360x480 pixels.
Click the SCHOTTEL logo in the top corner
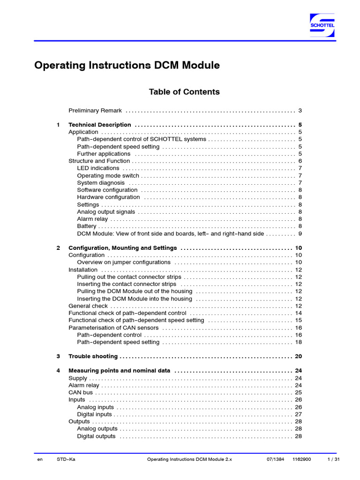[x=322, y=25]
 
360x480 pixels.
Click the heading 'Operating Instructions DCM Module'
[x=127, y=66]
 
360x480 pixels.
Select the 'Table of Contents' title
[x=184, y=92]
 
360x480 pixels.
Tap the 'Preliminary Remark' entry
[x=95, y=111]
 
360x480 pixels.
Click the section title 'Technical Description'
[x=100, y=125]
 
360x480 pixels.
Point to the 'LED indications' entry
[x=98, y=168]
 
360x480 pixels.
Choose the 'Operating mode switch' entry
[x=108, y=176]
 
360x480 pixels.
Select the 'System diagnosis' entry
[x=101, y=183]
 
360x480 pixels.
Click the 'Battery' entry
[x=87, y=226]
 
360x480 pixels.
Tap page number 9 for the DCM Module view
[x=300, y=233]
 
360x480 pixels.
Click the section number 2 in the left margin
[x=58, y=248]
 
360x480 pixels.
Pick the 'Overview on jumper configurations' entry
[x=124, y=262]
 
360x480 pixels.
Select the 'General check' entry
[x=88, y=306]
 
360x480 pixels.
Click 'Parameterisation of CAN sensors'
[x=113, y=328]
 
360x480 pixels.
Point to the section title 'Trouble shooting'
[x=93, y=357]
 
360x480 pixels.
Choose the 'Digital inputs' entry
[x=94, y=414]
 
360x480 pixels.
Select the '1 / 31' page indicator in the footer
[x=333, y=460]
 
